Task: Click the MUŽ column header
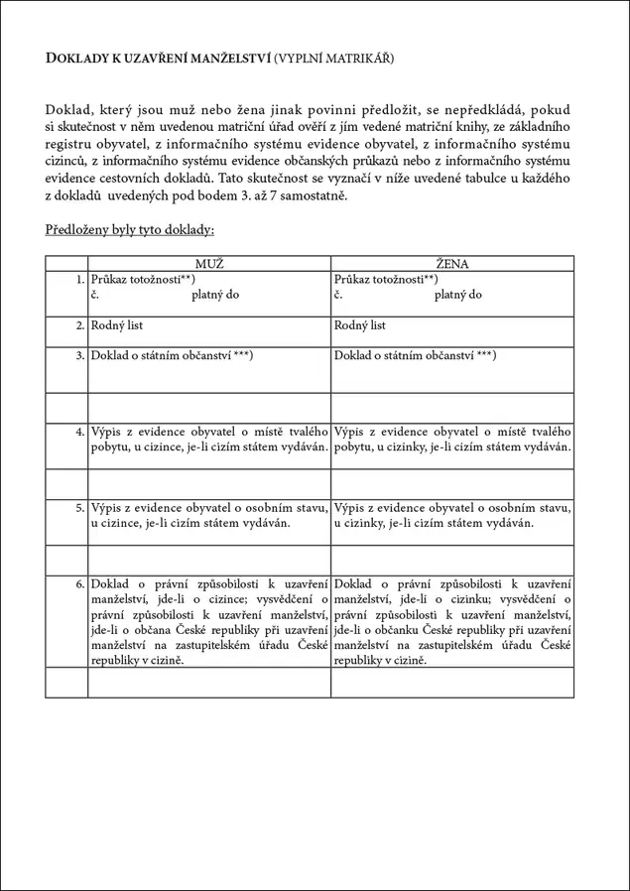point(209,264)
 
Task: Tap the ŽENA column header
point(452,264)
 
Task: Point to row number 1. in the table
point(79,281)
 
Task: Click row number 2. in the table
point(79,325)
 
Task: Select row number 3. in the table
point(79,355)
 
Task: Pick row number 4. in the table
point(79,433)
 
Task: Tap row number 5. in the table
point(79,508)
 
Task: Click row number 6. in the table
point(79,584)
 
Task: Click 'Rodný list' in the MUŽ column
point(117,325)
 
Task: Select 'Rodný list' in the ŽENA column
point(360,325)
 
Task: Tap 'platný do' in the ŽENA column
point(458,295)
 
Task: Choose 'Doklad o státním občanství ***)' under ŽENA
point(415,355)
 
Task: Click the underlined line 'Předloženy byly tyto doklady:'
point(130,230)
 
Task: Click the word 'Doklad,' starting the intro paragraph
point(69,108)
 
